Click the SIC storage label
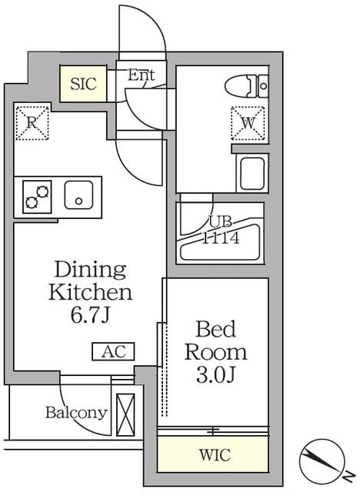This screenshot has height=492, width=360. click(84, 84)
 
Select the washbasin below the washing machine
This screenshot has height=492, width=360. click(252, 173)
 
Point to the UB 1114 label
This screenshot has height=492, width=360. click(221, 230)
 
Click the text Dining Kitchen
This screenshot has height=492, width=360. click(90, 281)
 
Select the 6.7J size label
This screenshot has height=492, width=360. click(90, 316)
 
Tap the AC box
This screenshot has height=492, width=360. click(113, 351)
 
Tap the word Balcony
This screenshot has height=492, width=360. click(75, 413)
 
